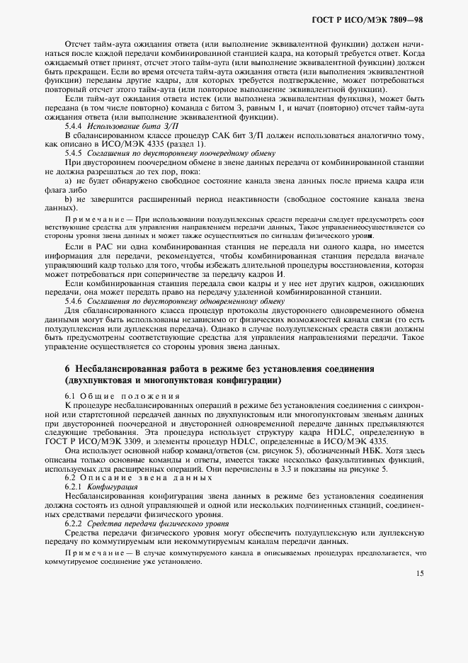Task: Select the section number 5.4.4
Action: point(76,125)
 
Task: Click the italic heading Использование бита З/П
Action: point(130,125)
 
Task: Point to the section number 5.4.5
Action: point(76,152)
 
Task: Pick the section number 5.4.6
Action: point(76,300)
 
